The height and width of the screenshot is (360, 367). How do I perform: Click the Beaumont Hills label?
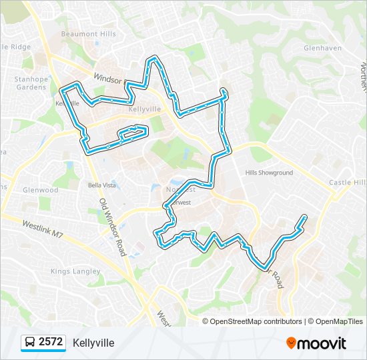(88, 34)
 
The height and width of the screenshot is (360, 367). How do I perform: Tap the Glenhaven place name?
(322, 49)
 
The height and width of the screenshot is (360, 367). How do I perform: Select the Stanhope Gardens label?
(31, 83)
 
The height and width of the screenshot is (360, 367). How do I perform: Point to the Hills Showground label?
(269, 173)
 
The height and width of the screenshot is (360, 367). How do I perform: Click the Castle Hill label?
(348, 183)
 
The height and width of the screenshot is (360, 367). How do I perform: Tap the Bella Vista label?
(102, 184)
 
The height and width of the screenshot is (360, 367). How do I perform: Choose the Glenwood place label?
(41, 190)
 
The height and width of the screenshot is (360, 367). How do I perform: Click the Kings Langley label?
(75, 271)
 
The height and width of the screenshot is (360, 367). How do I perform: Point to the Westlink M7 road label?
(42, 228)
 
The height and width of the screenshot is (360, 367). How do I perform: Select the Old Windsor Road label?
(112, 227)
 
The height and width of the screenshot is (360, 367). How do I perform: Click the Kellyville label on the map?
(145, 108)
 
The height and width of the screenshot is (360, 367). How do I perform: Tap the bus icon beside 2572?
(30, 343)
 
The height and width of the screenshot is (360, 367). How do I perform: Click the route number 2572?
(51, 343)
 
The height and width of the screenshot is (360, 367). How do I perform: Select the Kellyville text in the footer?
(93, 343)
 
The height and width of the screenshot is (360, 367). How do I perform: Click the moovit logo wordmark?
(322, 343)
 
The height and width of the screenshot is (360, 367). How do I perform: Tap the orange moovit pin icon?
(291, 343)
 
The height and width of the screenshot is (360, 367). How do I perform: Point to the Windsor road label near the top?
(107, 78)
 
